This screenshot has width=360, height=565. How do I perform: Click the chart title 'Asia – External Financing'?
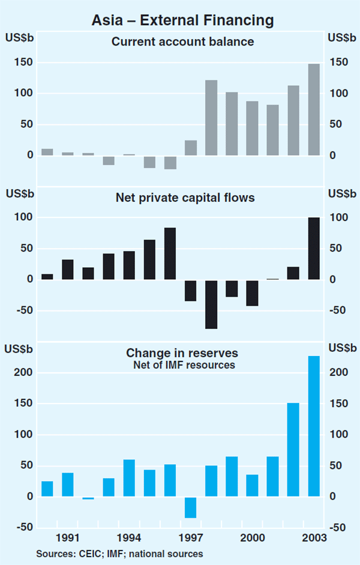(182, 20)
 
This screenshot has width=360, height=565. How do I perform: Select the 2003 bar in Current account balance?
(314, 110)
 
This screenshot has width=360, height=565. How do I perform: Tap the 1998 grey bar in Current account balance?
(211, 118)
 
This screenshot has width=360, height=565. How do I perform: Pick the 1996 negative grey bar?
(170, 162)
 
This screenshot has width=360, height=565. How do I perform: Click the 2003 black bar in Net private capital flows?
(314, 249)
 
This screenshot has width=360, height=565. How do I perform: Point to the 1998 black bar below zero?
(211, 304)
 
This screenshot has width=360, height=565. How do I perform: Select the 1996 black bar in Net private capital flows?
(170, 254)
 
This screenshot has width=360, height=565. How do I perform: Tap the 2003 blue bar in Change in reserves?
(314, 426)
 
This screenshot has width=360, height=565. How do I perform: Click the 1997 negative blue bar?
(191, 507)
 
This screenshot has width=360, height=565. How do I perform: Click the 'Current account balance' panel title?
(183, 42)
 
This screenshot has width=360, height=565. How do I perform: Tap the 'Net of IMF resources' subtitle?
(184, 364)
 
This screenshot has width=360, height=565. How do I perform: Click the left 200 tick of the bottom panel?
(24, 373)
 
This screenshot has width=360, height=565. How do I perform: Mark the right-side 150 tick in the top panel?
(338, 62)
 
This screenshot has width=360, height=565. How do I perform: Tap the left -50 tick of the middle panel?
(22, 310)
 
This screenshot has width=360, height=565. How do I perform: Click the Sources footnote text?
(119, 554)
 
